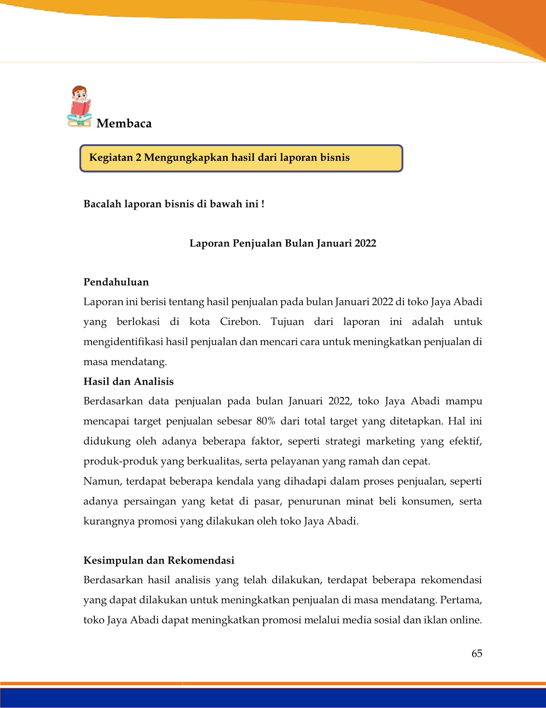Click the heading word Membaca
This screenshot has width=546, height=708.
click(124, 124)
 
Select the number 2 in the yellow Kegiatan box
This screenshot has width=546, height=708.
click(138, 158)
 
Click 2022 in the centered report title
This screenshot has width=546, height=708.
click(365, 243)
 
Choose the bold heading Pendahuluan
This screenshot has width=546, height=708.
click(116, 282)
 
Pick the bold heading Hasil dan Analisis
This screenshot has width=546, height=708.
click(128, 382)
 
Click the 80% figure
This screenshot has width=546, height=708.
click(265, 421)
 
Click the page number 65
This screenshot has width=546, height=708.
click(477, 654)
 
